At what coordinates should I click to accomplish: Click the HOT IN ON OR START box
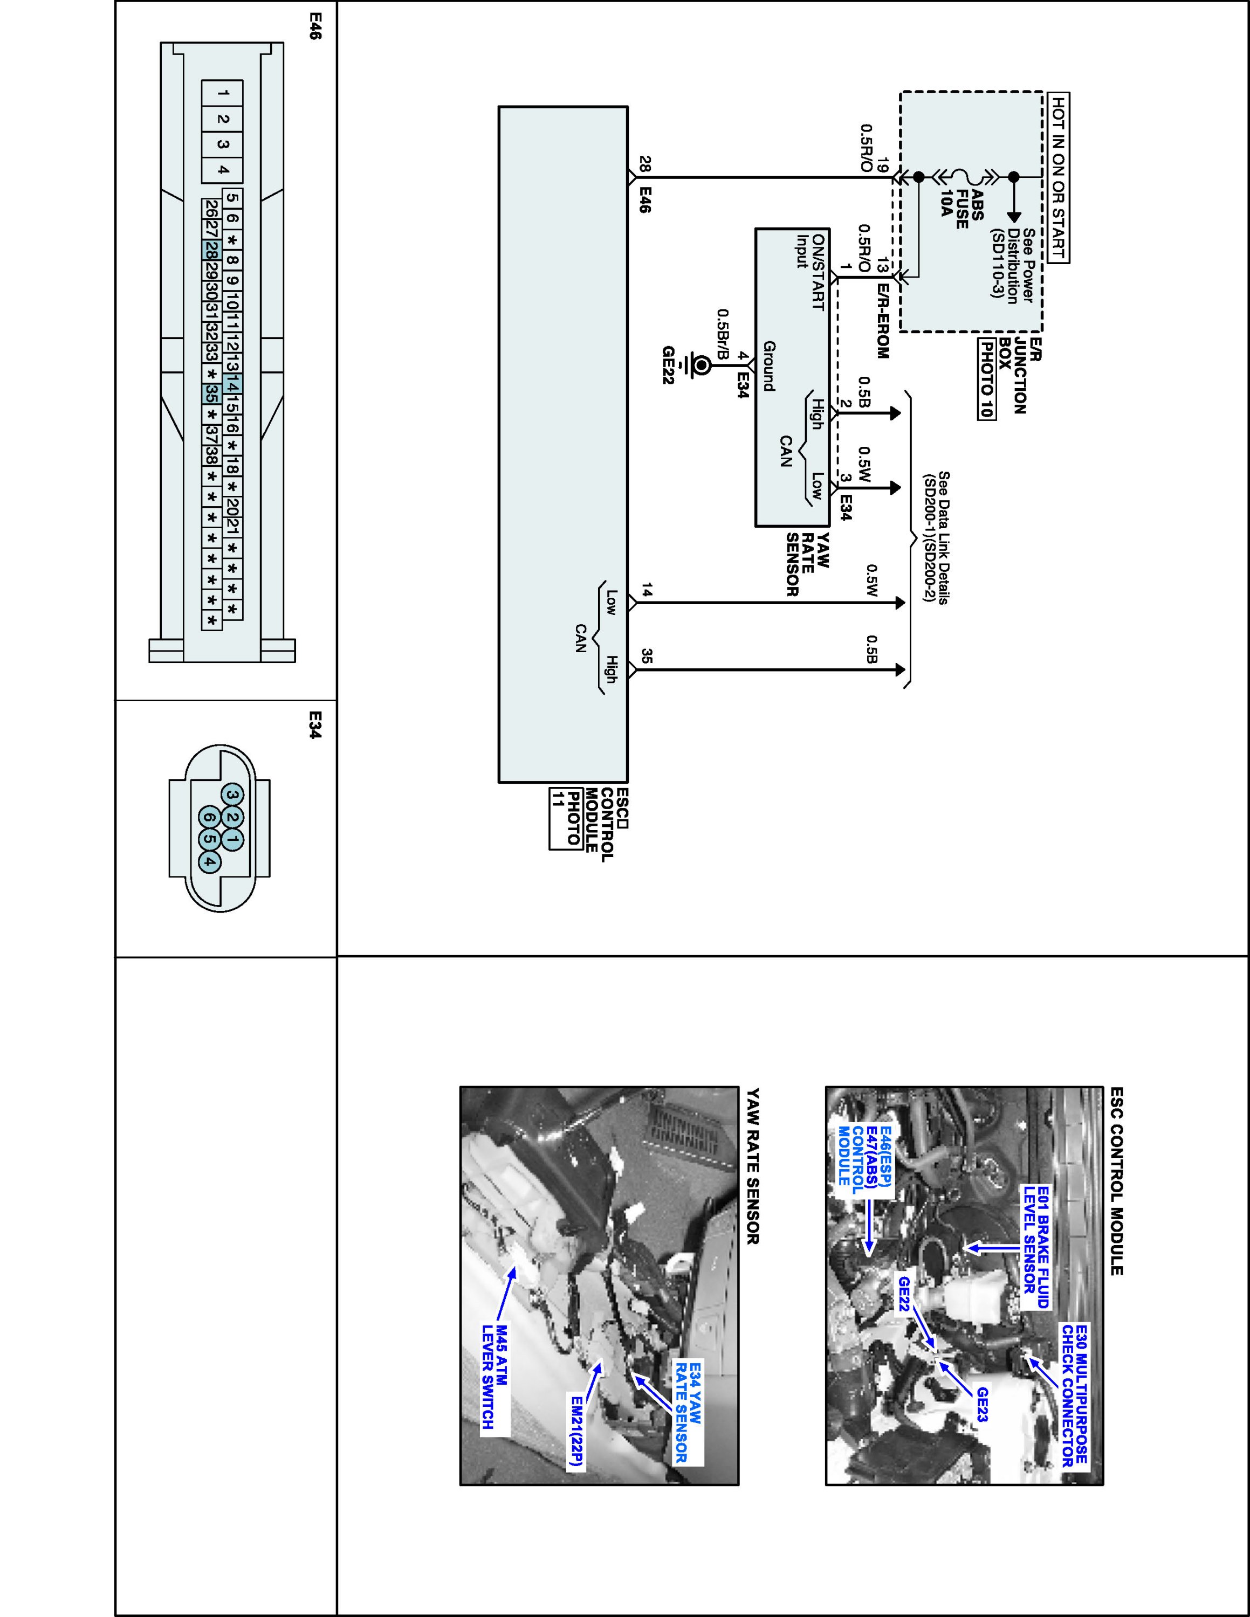(1060, 178)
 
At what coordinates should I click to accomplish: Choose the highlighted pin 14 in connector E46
(232, 386)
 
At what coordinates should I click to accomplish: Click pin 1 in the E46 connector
(223, 94)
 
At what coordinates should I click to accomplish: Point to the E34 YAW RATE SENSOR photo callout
(688, 1411)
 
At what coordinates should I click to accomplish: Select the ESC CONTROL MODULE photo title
(1117, 1181)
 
